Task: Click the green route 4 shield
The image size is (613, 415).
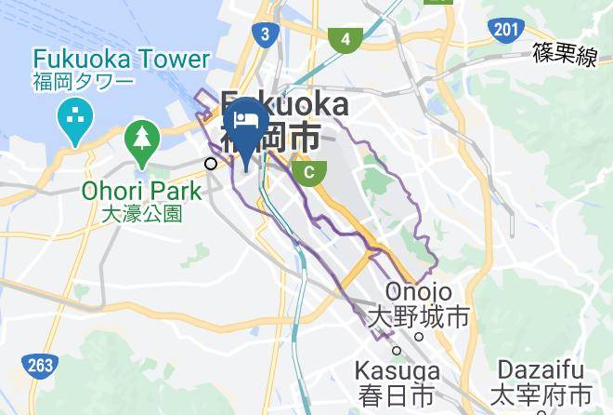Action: tap(346, 39)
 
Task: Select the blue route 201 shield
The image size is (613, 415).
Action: tap(504, 31)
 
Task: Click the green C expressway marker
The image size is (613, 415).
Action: tap(309, 171)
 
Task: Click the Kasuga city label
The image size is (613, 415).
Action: tap(398, 372)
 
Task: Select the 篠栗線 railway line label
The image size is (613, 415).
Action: tap(564, 57)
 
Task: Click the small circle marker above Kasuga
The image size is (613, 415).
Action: tap(396, 350)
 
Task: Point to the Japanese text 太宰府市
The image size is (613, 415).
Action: tap(543, 393)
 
